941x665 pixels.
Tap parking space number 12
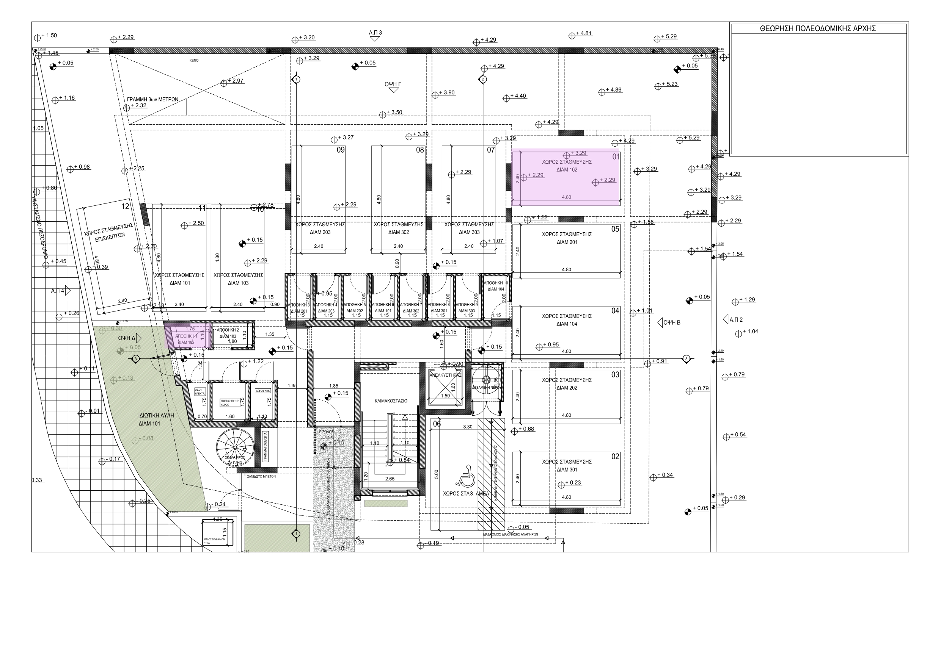pos(126,207)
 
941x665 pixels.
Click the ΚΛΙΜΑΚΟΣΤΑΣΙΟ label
pos(391,401)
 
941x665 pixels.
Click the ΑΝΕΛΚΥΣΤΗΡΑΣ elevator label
pos(445,375)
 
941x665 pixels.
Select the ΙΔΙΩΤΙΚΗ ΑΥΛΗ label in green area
pos(156,415)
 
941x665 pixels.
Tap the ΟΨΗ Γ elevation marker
pos(393,84)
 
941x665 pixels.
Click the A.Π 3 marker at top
pos(375,33)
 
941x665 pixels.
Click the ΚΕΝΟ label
pos(194,61)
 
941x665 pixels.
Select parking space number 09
pos(341,150)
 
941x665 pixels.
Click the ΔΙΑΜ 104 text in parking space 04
pos(566,324)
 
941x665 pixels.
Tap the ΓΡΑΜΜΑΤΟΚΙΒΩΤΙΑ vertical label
pos(265,447)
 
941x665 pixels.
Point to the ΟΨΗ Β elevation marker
pos(671,323)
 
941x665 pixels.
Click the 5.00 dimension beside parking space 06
pos(437,474)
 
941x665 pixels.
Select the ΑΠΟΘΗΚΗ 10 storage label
pos(496,283)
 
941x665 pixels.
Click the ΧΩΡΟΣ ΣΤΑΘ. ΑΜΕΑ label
pos(466,494)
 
